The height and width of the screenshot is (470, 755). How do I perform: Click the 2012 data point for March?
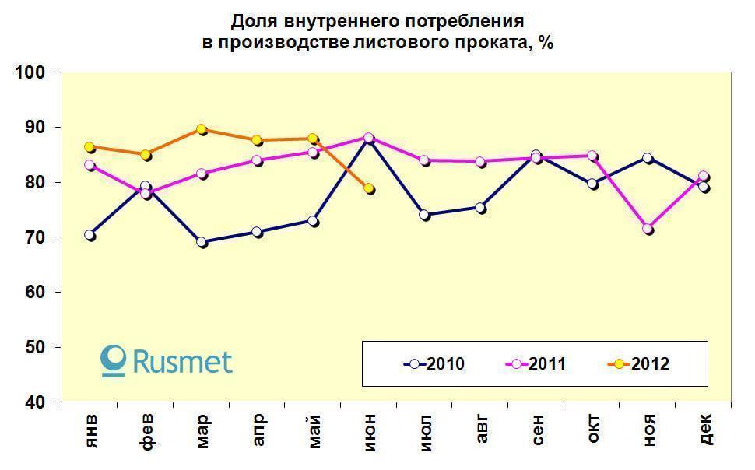click(x=202, y=129)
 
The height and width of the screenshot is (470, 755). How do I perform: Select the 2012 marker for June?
click(x=369, y=188)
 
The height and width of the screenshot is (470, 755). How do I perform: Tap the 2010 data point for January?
click(x=90, y=235)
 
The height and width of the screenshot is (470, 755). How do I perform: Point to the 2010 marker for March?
click(x=202, y=242)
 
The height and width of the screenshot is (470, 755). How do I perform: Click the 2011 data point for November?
click(x=648, y=229)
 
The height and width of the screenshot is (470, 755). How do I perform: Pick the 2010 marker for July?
click(x=425, y=215)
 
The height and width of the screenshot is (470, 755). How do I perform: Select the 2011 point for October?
click(x=592, y=156)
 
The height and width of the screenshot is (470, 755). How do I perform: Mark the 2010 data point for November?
click(x=648, y=158)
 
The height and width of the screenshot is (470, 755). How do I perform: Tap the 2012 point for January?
click(x=90, y=146)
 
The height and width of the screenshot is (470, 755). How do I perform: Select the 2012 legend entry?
click(x=638, y=363)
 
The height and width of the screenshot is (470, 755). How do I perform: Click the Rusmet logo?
click(x=167, y=362)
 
